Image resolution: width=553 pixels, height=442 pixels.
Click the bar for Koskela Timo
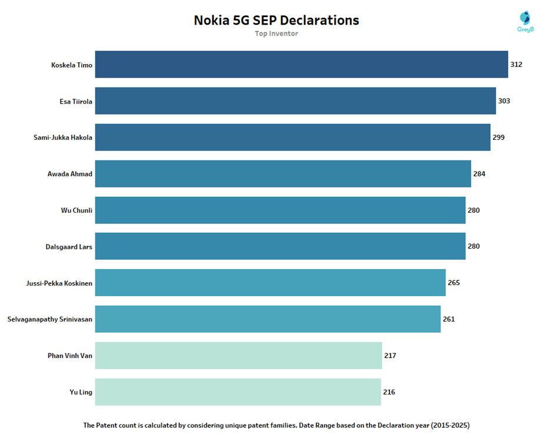(301, 65)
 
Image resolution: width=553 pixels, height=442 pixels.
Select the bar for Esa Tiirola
(295, 101)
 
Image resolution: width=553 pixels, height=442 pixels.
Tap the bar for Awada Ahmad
(283, 174)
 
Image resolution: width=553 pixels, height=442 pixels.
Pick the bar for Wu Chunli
(280, 210)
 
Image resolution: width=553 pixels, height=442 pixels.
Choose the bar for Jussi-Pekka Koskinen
(270, 283)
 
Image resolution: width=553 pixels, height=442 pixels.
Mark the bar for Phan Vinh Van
(238, 356)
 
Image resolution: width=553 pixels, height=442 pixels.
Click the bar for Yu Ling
(238, 392)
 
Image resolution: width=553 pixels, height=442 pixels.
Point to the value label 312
(516, 65)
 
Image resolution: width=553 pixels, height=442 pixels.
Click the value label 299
(498, 138)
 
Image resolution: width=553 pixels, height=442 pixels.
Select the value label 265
(454, 283)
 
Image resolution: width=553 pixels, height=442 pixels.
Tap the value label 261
(449, 319)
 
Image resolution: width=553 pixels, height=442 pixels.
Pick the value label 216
(389, 392)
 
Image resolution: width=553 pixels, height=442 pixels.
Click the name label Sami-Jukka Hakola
(63, 138)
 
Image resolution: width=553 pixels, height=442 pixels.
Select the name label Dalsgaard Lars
(69, 247)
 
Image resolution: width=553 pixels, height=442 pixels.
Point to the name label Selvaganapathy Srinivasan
(50, 319)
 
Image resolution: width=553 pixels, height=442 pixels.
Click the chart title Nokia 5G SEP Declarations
(276, 20)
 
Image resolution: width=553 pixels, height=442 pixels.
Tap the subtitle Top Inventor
(276, 34)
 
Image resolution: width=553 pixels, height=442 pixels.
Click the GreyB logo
(525, 21)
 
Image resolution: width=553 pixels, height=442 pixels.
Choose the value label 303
(504, 101)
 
